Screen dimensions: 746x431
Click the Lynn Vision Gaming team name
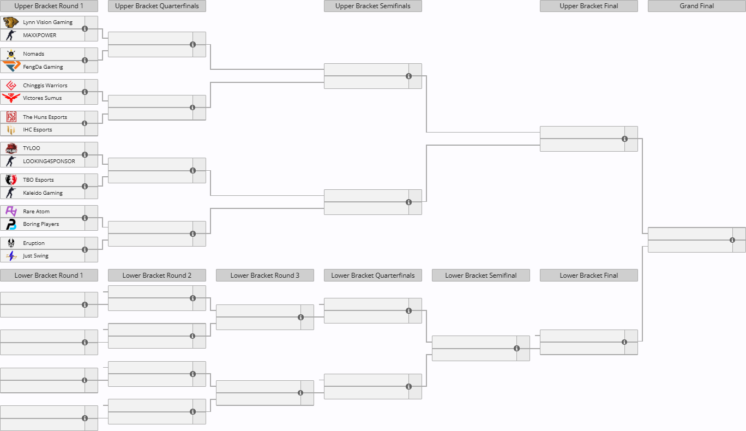coord(47,22)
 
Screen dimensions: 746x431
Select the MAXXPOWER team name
coord(40,35)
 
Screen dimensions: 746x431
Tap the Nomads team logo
coord(11,54)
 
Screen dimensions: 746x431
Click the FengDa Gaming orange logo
coord(11,66)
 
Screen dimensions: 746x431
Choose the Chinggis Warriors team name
coord(45,86)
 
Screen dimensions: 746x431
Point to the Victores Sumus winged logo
coord(11,98)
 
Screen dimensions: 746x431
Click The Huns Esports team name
coord(45,117)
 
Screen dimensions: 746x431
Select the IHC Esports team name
coord(37,130)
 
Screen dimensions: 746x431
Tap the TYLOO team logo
coord(11,148)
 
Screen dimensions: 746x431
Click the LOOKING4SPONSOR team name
coord(49,161)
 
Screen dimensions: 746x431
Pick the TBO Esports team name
coord(38,180)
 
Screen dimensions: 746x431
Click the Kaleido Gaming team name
coord(43,193)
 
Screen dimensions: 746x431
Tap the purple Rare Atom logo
coord(11,211)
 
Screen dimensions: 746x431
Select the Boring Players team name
coord(41,224)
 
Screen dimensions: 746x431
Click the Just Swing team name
coord(35,256)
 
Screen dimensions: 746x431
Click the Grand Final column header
coord(696,6)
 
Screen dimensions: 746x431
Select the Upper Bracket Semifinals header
coord(372,6)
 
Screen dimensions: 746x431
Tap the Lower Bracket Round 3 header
coord(265,276)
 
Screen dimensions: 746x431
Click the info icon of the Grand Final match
coord(732,240)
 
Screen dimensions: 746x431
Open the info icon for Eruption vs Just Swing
coord(85,250)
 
